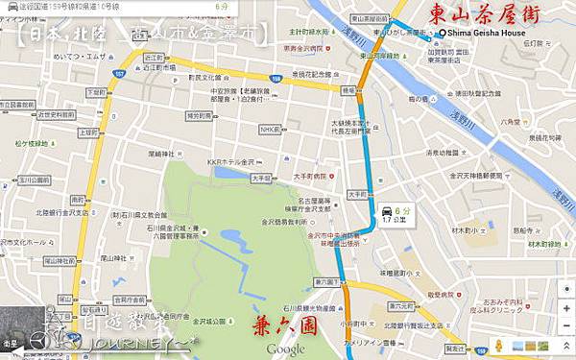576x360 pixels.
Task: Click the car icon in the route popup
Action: coord(385,211)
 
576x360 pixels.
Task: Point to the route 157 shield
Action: coord(119,73)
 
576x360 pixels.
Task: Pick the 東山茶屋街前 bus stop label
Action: coord(370,18)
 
